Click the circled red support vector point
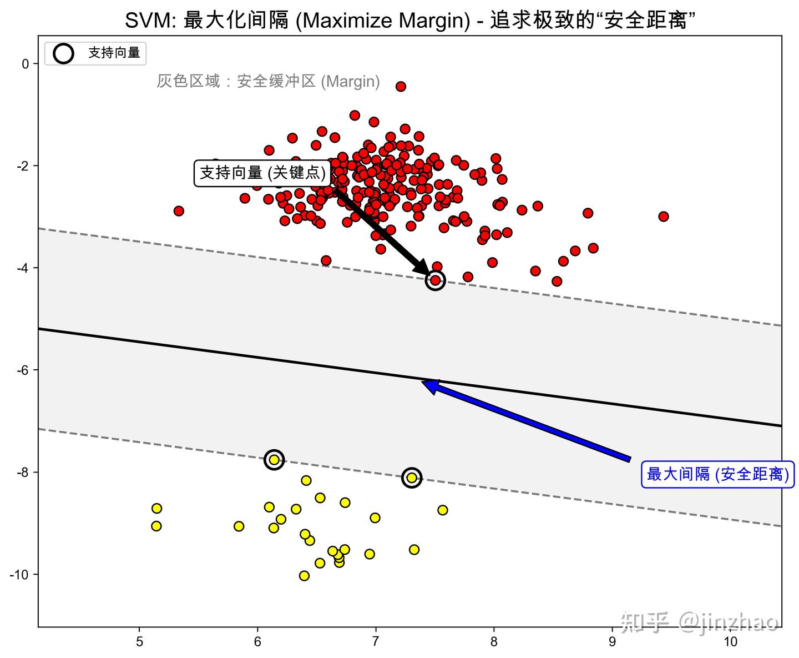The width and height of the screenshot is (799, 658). (436, 280)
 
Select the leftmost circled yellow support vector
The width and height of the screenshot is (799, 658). (274, 459)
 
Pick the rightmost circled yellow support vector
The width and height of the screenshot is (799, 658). (411, 478)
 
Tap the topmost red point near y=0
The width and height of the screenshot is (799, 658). (401, 86)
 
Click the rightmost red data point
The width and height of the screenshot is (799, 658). (663, 216)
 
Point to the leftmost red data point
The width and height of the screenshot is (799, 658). (179, 211)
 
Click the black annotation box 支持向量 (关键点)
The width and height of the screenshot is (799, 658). (262, 173)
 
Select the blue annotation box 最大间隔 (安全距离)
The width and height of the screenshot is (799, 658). (717, 474)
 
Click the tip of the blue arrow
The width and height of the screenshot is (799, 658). (423, 382)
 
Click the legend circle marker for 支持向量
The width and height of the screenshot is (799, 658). (64, 53)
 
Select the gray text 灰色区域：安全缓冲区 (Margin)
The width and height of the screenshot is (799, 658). (268, 82)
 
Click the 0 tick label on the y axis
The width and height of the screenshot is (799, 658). (26, 64)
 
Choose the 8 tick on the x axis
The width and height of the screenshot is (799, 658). (494, 641)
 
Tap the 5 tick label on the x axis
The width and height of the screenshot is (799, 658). (140, 641)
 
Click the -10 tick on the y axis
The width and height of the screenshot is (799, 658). (20, 575)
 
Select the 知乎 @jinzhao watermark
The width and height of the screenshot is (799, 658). (700, 621)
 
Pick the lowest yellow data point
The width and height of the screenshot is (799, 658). (304, 575)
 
